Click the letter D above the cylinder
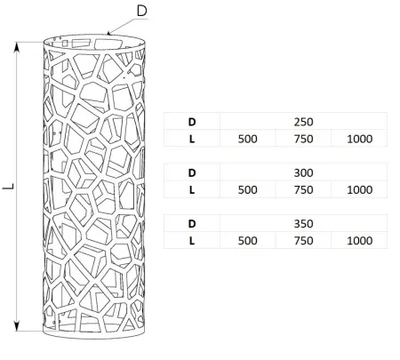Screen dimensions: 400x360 tap(142, 12)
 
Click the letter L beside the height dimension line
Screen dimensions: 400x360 tap(9, 187)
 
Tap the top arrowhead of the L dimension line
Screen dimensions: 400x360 tap(17, 48)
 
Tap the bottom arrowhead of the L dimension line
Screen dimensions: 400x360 tap(17, 325)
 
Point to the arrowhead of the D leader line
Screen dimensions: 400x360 tap(109, 33)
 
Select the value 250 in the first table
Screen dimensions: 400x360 tap(303, 122)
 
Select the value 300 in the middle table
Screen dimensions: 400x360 tap(303, 172)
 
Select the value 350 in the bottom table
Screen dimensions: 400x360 tap(303, 224)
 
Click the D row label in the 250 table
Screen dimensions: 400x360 tap(192, 122)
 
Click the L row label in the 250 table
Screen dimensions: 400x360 tap(192, 139)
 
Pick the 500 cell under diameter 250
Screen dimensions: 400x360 tap(247, 139)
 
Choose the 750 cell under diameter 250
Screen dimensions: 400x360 tap(303, 139)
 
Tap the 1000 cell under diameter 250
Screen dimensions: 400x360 tap(359, 139)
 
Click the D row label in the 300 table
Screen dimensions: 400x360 tap(192, 172)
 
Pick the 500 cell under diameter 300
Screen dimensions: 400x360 tap(247, 190)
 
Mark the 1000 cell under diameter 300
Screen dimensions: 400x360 tap(359, 190)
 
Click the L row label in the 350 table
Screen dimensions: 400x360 tap(192, 241)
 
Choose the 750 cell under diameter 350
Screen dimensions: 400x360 tap(303, 241)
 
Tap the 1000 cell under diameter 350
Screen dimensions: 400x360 tap(359, 241)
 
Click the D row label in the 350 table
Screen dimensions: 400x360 tap(192, 224)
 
